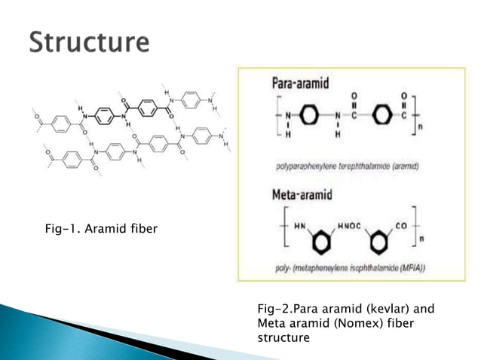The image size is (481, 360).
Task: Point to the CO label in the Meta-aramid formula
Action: [x=401, y=225]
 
